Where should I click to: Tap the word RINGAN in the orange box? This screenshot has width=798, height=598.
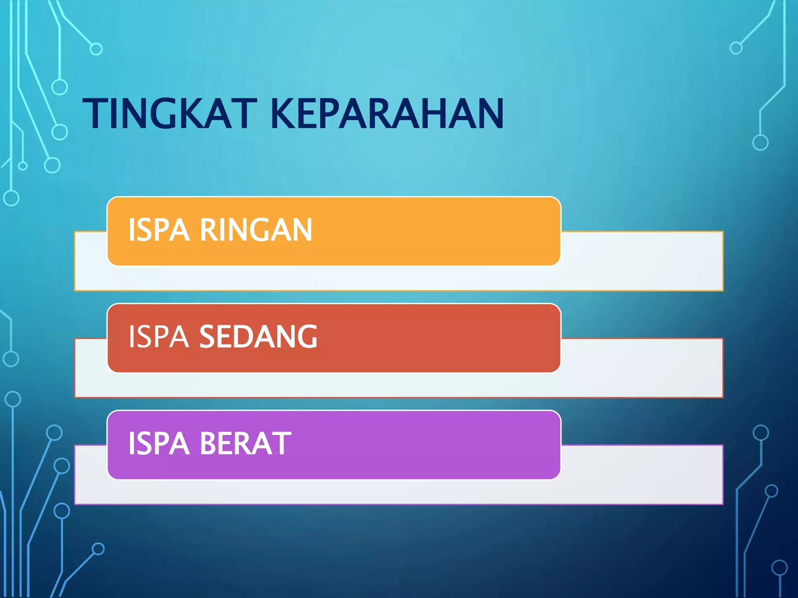[256, 230]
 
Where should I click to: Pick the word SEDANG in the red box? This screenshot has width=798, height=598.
[258, 337]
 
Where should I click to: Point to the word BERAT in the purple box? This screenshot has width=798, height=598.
[245, 443]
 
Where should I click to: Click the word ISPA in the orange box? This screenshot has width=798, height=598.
[159, 230]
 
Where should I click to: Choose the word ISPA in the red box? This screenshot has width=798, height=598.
[159, 337]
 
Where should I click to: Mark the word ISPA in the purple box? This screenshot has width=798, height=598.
[159, 443]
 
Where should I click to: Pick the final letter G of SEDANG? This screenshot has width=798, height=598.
[306, 337]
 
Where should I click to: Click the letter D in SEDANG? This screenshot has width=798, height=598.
[243, 337]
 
